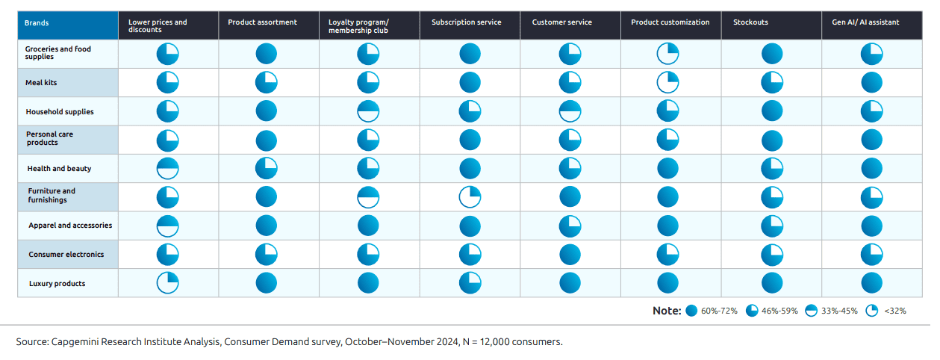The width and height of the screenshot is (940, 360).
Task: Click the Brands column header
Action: coord(37,23)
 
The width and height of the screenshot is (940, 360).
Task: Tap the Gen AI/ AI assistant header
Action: coord(865,22)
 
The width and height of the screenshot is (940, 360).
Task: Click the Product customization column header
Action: coord(670,22)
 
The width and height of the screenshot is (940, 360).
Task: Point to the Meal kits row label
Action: coord(43,83)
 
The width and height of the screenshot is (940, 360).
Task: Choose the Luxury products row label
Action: coord(57,284)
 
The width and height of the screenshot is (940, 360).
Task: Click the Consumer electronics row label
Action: coord(66,255)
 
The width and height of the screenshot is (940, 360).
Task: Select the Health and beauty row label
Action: coord(59,169)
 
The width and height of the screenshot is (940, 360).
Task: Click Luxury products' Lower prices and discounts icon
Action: coord(167,283)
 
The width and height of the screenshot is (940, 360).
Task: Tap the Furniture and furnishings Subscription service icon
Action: coord(470,197)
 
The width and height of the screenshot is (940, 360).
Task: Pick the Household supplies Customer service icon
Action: coord(570,111)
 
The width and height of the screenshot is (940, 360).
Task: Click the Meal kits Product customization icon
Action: coord(667,82)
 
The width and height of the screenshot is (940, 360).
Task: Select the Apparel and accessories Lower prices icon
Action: coord(167,226)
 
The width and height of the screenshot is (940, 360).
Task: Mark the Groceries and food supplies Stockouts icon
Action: coord(771,54)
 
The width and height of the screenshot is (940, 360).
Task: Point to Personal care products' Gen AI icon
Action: coord(871,140)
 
